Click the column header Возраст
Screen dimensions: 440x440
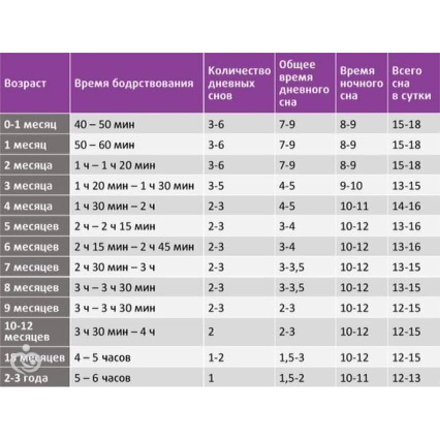click(x=25, y=84)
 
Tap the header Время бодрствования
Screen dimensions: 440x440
click(x=134, y=84)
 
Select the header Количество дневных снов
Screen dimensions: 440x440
click(x=239, y=83)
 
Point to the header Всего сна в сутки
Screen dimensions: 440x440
click(x=411, y=83)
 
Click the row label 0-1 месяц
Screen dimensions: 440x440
click(x=30, y=124)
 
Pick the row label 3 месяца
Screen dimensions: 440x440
click(x=28, y=186)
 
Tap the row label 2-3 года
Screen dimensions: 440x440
click(x=26, y=378)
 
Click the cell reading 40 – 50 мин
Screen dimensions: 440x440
click(x=104, y=124)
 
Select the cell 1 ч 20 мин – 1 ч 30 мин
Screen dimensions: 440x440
click(x=134, y=186)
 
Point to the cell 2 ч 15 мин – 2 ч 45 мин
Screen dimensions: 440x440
click(x=134, y=247)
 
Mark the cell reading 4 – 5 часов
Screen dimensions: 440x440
click(x=102, y=358)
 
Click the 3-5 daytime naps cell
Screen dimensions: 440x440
click(x=216, y=186)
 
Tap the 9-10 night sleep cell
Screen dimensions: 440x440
click(x=351, y=186)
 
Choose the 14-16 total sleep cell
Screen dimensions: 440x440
click(x=406, y=206)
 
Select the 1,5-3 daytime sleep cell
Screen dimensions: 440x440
click(x=292, y=358)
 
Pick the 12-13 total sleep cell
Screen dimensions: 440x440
click(x=406, y=378)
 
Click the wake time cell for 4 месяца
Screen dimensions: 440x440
click(x=114, y=206)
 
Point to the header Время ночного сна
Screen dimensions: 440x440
click(x=361, y=83)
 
